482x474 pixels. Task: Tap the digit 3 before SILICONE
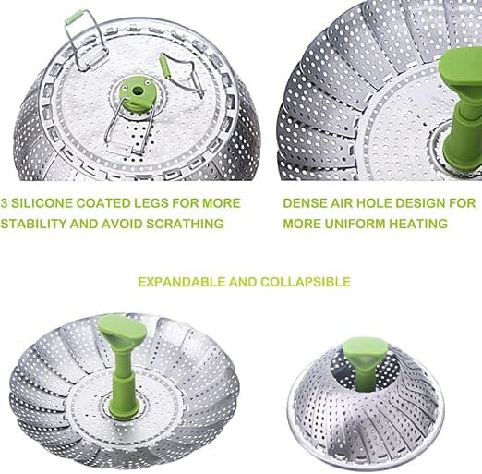point(4,203)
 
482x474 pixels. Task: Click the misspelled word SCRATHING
point(185,224)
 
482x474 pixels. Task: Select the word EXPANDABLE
point(181,282)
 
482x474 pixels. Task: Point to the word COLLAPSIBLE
point(306,282)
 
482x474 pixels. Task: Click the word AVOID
point(122,224)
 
